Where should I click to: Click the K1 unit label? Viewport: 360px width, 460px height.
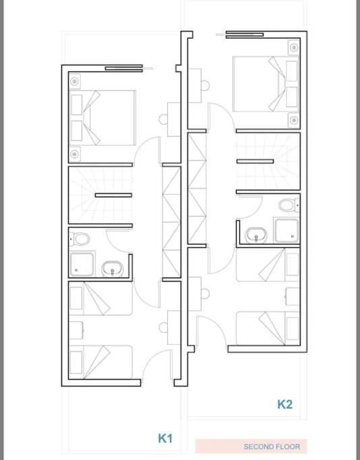pyautogui.click(x=165, y=438)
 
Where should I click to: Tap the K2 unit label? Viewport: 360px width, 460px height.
pyautogui.click(x=284, y=404)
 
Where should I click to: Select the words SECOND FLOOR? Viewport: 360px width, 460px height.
pyautogui.click(x=272, y=447)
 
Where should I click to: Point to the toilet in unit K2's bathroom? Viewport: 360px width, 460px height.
pyautogui.click(x=289, y=205)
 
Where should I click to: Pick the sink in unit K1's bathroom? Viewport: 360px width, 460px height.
pyautogui.click(x=112, y=269)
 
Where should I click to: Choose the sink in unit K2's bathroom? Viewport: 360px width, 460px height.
pyautogui.click(x=256, y=235)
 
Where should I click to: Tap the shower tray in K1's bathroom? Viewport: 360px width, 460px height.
pyautogui.click(x=82, y=264)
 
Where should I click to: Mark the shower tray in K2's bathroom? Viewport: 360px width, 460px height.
pyautogui.click(x=287, y=230)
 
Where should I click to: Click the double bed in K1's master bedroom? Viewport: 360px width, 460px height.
pyautogui.click(x=102, y=118)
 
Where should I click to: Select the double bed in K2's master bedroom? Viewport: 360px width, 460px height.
pyautogui.click(x=266, y=84)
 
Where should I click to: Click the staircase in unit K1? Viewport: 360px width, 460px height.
pyautogui.click(x=100, y=195)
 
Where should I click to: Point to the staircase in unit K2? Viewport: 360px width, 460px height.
pyautogui.click(x=268, y=162)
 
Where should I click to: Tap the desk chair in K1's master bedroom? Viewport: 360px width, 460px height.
pyautogui.click(x=164, y=119)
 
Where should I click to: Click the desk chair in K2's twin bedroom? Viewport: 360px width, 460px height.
pyautogui.click(x=205, y=294)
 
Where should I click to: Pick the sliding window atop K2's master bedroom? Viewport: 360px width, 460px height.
pyautogui.click(x=244, y=34)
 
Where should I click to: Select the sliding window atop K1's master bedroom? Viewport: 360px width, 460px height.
pyautogui.click(x=129, y=68)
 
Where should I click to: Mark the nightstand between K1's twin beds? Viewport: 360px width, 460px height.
pyautogui.click(x=76, y=330)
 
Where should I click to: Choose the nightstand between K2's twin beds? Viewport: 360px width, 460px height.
pyautogui.click(x=293, y=296)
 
